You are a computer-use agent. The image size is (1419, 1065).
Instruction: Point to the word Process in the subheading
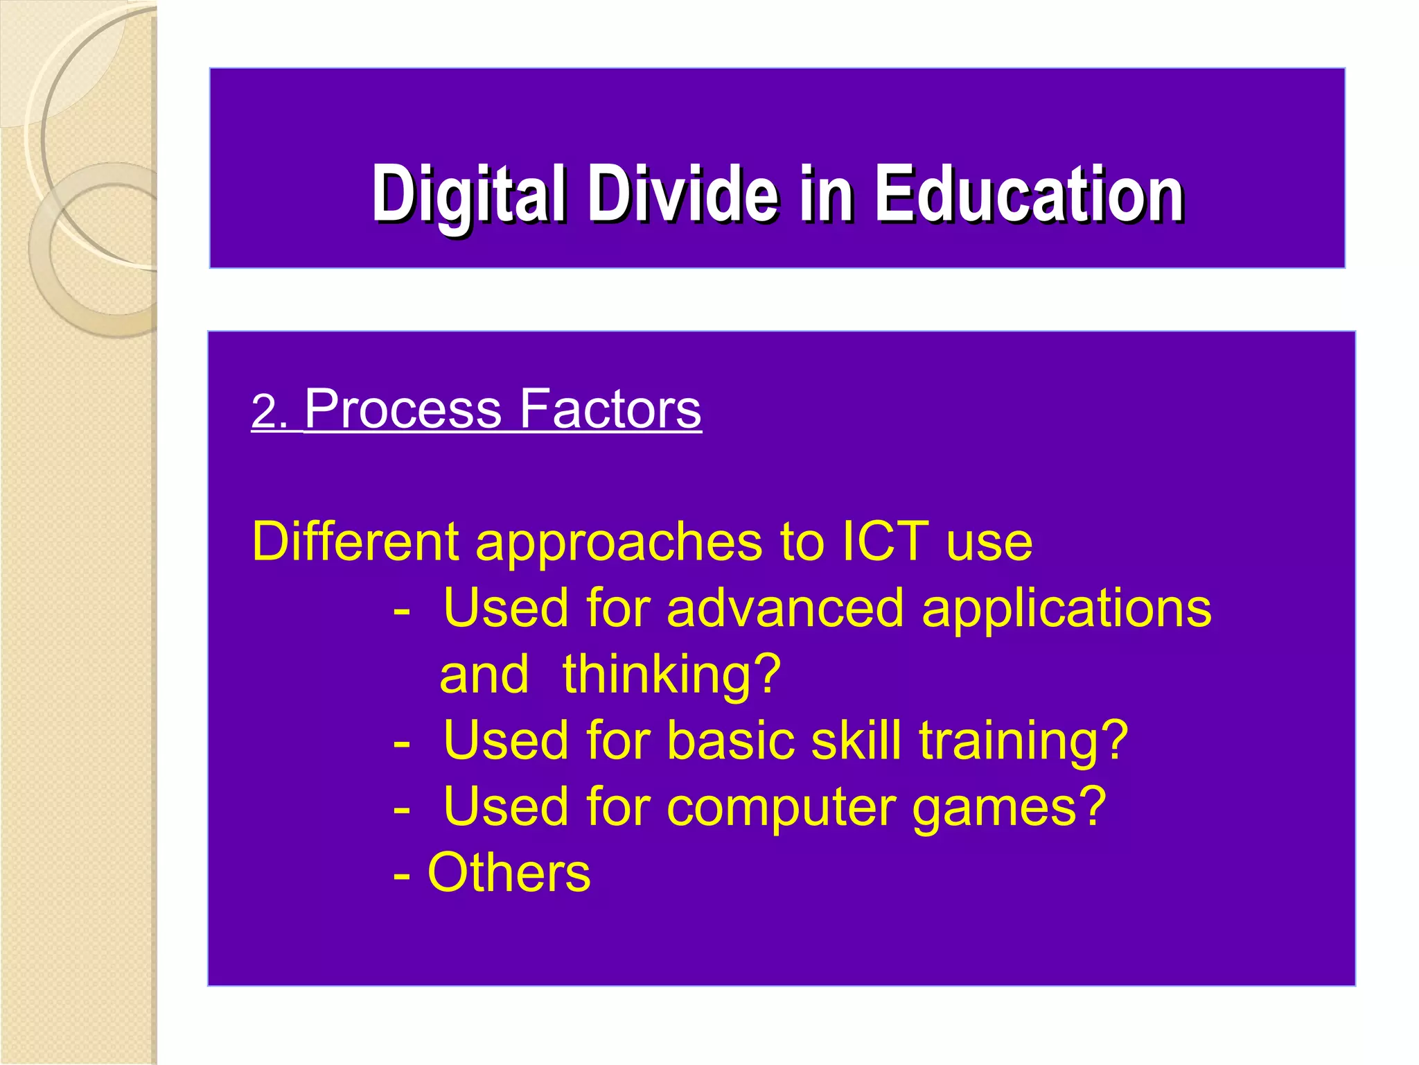pos(403,409)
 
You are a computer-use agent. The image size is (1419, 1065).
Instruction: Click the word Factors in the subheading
pos(610,409)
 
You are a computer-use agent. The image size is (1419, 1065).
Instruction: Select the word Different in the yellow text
pos(355,541)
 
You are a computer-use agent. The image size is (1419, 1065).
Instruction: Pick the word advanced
pos(785,608)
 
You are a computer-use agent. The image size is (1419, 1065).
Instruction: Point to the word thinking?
pos(671,675)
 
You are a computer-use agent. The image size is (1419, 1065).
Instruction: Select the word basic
pos(730,741)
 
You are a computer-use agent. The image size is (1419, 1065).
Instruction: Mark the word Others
pos(509,873)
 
